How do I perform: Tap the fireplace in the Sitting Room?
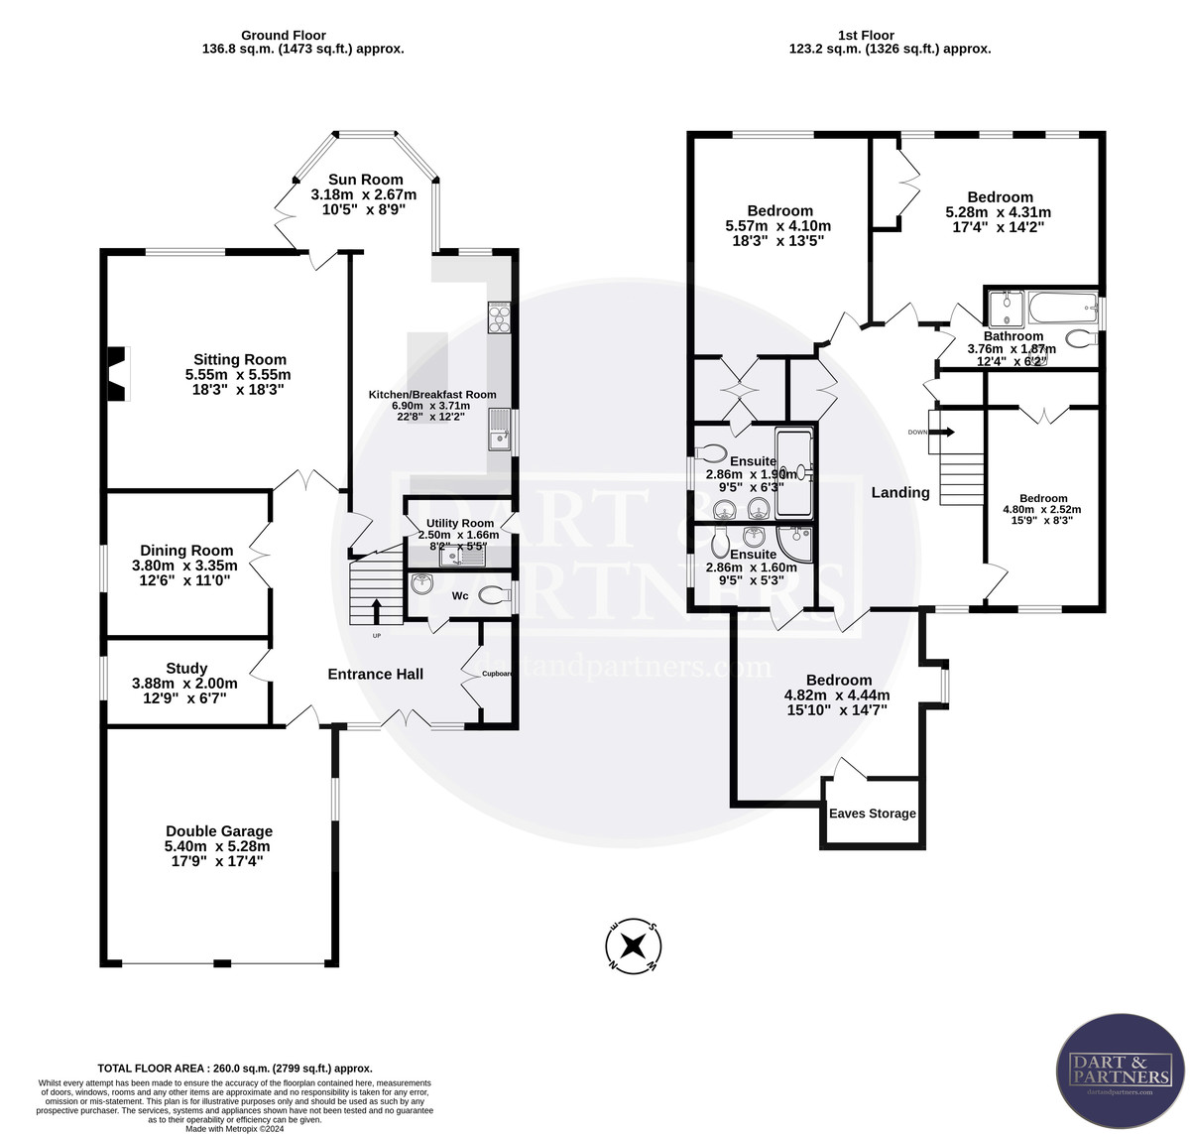[118, 373]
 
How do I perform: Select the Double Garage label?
[218, 831]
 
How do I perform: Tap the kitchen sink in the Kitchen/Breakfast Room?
[498, 431]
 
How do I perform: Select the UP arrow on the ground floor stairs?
[376, 610]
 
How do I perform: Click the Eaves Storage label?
[873, 814]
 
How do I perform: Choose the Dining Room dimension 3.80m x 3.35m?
[186, 566]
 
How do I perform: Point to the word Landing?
[900, 492]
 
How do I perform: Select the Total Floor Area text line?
[235, 1069]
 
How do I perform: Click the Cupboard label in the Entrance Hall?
[497, 674]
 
